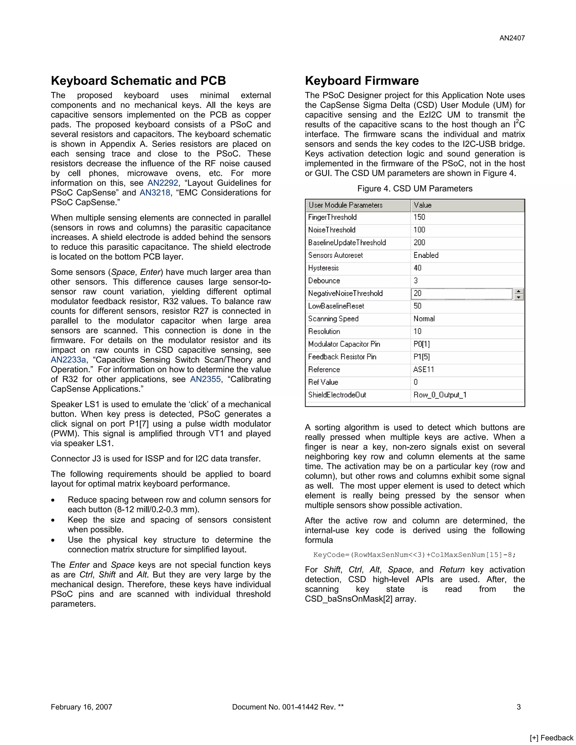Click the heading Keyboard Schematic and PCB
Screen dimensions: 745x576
(x=138, y=81)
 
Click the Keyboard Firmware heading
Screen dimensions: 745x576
(x=362, y=81)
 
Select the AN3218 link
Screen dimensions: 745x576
(x=155, y=193)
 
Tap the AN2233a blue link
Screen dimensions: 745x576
(x=68, y=360)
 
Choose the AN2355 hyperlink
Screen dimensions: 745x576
(x=205, y=379)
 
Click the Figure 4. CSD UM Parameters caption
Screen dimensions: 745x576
(x=415, y=189)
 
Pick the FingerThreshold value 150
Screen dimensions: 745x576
(x=419, y=217)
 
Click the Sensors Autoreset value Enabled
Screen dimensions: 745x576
(x=426, y=255)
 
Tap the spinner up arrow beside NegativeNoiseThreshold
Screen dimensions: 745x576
(x=518, y=291)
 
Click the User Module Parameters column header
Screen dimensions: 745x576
(x=345, y=205)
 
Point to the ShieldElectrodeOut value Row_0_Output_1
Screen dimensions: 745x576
(x=440, y=395)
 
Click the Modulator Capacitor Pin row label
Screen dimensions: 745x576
(x=344, y=344)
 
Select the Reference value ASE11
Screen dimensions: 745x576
(x=424, y=369)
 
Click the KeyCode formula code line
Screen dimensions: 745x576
(x=414, y=555)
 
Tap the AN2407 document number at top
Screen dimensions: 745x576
(x=512, y=38)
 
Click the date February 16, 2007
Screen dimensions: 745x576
(x=82, y=707)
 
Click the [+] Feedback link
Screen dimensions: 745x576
(x=552, y=738)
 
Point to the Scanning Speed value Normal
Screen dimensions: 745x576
(x=424, y=319)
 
